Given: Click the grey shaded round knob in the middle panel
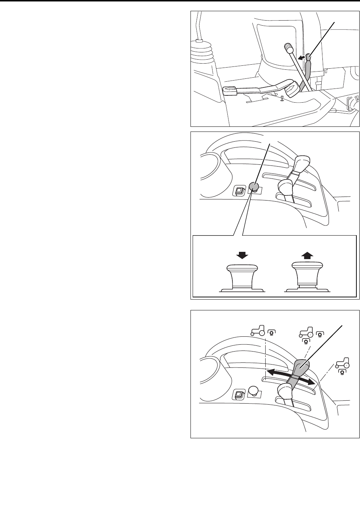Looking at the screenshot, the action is [x=254, y=186].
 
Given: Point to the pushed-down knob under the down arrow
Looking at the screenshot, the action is [x=242, y=276].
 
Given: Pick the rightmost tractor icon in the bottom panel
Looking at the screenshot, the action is [x=342, y=364].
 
